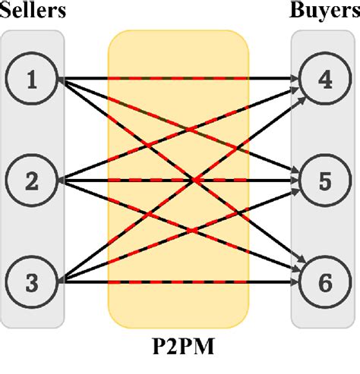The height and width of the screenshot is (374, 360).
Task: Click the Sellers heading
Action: click(36, 12)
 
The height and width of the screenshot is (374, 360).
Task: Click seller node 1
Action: click(32, 79)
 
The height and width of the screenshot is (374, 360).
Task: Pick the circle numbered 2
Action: click(32, 181)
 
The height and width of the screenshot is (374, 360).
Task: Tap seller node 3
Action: click(32, 282)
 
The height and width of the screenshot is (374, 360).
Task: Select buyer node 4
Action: click(324, 79)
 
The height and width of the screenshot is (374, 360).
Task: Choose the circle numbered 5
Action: click(324, 181)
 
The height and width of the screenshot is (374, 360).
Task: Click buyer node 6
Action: click(324, 282)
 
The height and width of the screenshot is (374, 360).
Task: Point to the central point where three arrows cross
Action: click(195, 181)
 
